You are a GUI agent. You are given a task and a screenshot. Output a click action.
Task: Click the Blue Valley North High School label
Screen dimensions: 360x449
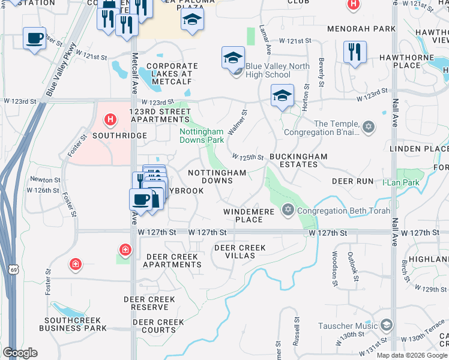(277, 70)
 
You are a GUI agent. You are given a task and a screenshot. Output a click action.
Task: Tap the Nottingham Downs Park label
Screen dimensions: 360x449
(202, 136)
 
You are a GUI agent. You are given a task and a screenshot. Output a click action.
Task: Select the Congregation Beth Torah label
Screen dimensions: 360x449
(343, 211)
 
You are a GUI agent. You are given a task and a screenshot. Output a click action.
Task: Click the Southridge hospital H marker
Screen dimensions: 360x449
(110, 120)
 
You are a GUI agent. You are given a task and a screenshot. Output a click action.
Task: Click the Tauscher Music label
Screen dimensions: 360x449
(349, 326)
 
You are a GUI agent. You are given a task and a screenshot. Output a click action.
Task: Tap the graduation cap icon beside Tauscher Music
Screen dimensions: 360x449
(386, 325)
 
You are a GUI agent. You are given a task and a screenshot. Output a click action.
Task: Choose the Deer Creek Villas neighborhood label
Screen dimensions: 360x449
(240, 251)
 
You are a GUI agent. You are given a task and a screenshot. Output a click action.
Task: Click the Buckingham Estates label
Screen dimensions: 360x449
(298, 160)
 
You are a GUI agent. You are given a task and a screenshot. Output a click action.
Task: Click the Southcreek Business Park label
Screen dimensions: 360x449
(73, 324)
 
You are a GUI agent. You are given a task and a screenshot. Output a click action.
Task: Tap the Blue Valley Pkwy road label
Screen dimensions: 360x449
(61, 68)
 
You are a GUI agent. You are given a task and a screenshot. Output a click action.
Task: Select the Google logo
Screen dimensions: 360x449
(20, 353)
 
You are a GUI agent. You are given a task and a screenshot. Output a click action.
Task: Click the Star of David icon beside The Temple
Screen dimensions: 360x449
(369, 128)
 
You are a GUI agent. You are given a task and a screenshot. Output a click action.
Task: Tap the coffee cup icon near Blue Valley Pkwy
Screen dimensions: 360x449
(34, 38)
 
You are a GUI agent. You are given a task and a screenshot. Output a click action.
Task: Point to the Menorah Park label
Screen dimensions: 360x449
(361, 28)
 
